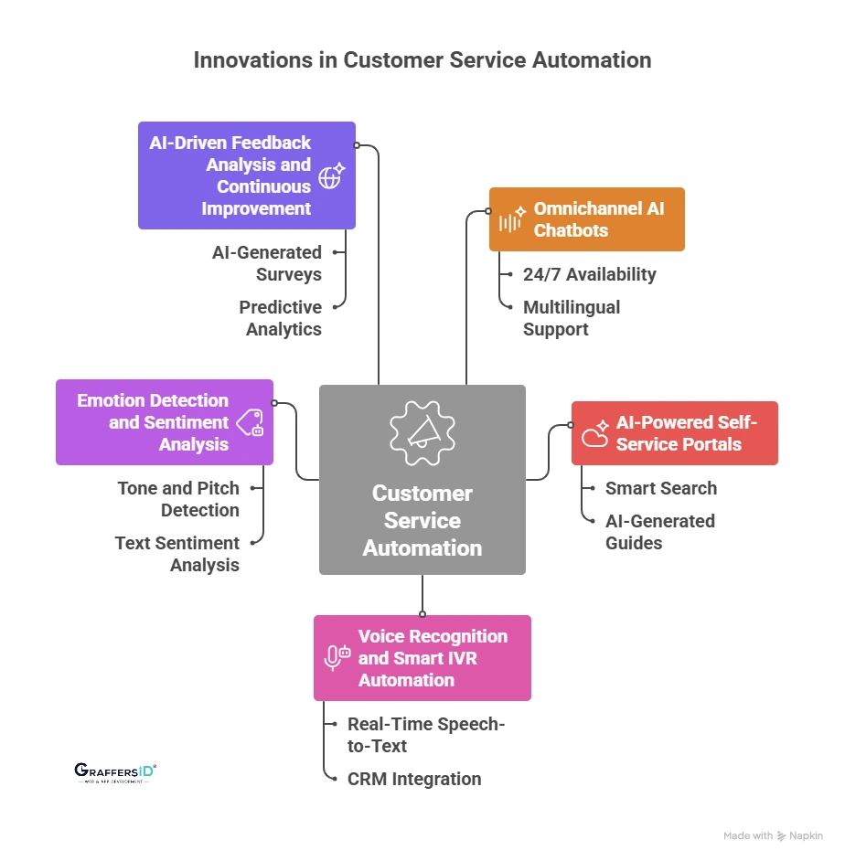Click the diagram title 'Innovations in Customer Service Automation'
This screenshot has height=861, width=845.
click(x=422, y=60)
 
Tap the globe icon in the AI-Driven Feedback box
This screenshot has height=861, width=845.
click(x=330, y=175)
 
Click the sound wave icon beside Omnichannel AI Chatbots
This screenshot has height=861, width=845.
click(x=511, y=220)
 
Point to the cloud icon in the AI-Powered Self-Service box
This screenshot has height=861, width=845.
click(x=595, y=433)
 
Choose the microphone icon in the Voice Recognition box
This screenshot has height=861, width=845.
click(x=337, y=657)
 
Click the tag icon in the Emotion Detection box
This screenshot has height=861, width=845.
click(x=251, y=422)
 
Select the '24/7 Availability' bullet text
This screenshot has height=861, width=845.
click(x=589, y=274)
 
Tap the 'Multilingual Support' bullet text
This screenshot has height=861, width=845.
click(x=572, y=318)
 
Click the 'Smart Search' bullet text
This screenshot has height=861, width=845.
click(x=661, y=488)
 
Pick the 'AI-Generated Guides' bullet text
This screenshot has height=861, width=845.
click(x=660, y=532)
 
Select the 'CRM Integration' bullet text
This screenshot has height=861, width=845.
click(x=414, y=779)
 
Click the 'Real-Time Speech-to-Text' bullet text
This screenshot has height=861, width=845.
click(x=426, y=735)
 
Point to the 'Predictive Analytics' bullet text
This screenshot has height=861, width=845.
click(x=281, y=318)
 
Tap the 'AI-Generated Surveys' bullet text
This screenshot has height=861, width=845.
click(x=267, y=263)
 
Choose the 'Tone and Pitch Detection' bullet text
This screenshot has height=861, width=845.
click(x=178, y=499)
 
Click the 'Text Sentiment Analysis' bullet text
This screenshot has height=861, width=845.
click(x=177, y=554)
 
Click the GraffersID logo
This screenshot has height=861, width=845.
click(x=115, y=773)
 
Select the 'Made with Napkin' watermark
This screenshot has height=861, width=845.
click(x=773, y=835)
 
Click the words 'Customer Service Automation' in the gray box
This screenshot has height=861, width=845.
click(x=422, y=521)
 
